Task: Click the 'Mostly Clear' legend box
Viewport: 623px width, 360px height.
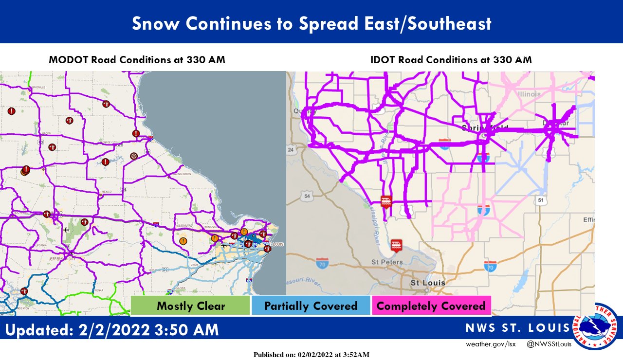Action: (190, 306)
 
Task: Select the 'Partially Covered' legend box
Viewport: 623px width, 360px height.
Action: (311, 306)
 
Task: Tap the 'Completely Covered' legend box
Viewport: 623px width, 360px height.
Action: (431, 306)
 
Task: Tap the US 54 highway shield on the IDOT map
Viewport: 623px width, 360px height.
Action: (306, 196)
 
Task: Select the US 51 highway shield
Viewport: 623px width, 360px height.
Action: (541, 200)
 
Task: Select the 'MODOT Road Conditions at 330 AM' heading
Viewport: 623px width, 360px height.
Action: (137, 60)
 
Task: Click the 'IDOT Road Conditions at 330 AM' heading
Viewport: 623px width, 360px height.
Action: (451, 60)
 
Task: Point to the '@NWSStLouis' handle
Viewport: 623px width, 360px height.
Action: (549, 344)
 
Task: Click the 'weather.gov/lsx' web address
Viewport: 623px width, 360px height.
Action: (490, 344)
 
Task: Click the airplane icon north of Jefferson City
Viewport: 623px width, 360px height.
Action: (66, 229)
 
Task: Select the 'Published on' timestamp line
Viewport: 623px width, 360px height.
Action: (311, 355)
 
